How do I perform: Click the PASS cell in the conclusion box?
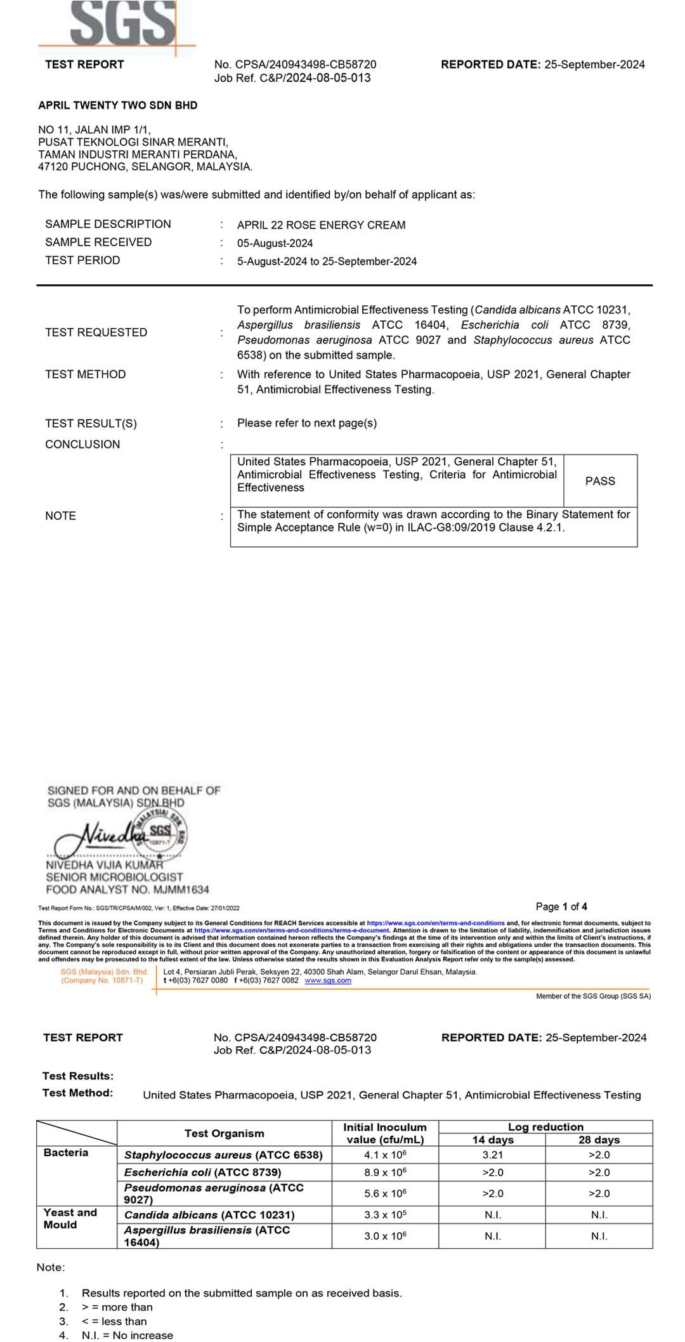600,481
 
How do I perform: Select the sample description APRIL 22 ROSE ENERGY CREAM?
321,225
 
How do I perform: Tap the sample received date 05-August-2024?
275,243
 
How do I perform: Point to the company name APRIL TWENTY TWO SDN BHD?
118,105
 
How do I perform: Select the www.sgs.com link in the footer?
328,980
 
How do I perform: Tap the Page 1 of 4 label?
561,907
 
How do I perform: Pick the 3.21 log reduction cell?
492,1155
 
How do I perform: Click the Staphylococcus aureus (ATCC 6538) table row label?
223,1155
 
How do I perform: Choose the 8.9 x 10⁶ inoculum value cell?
385,1172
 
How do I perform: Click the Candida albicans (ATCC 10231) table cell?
209,1215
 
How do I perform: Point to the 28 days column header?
599,1140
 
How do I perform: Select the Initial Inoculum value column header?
385,1133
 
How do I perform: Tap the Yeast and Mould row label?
70,1218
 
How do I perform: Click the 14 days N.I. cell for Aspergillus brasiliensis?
492,1236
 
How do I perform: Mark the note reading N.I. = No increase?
127,1335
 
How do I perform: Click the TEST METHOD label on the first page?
86,374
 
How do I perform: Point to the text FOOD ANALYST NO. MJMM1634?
127,890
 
